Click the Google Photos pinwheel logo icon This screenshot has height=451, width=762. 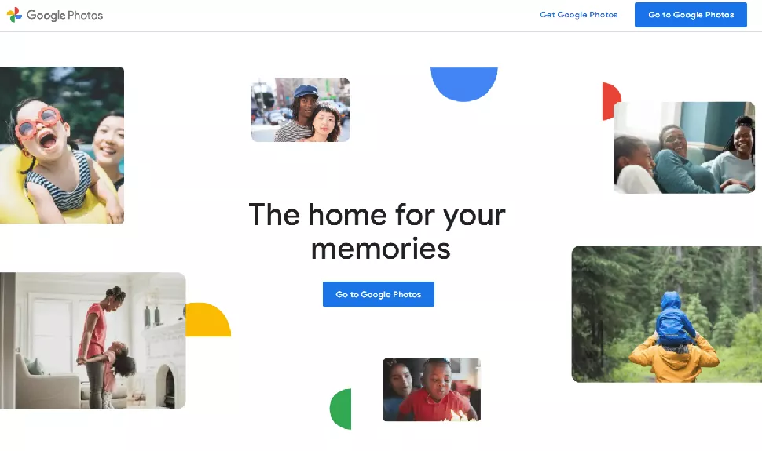[x=15, y=15]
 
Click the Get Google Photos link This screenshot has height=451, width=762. [x=578, y=15]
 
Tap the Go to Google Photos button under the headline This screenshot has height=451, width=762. [x=378, y=294]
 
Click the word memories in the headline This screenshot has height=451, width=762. [x=380, y=249]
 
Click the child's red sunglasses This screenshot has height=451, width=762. [x=38, y=122]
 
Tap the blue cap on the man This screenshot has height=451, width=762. [x=306, y=91]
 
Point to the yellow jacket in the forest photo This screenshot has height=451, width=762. [x=673, y=359]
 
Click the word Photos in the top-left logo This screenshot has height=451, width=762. [x=85, y=15]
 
